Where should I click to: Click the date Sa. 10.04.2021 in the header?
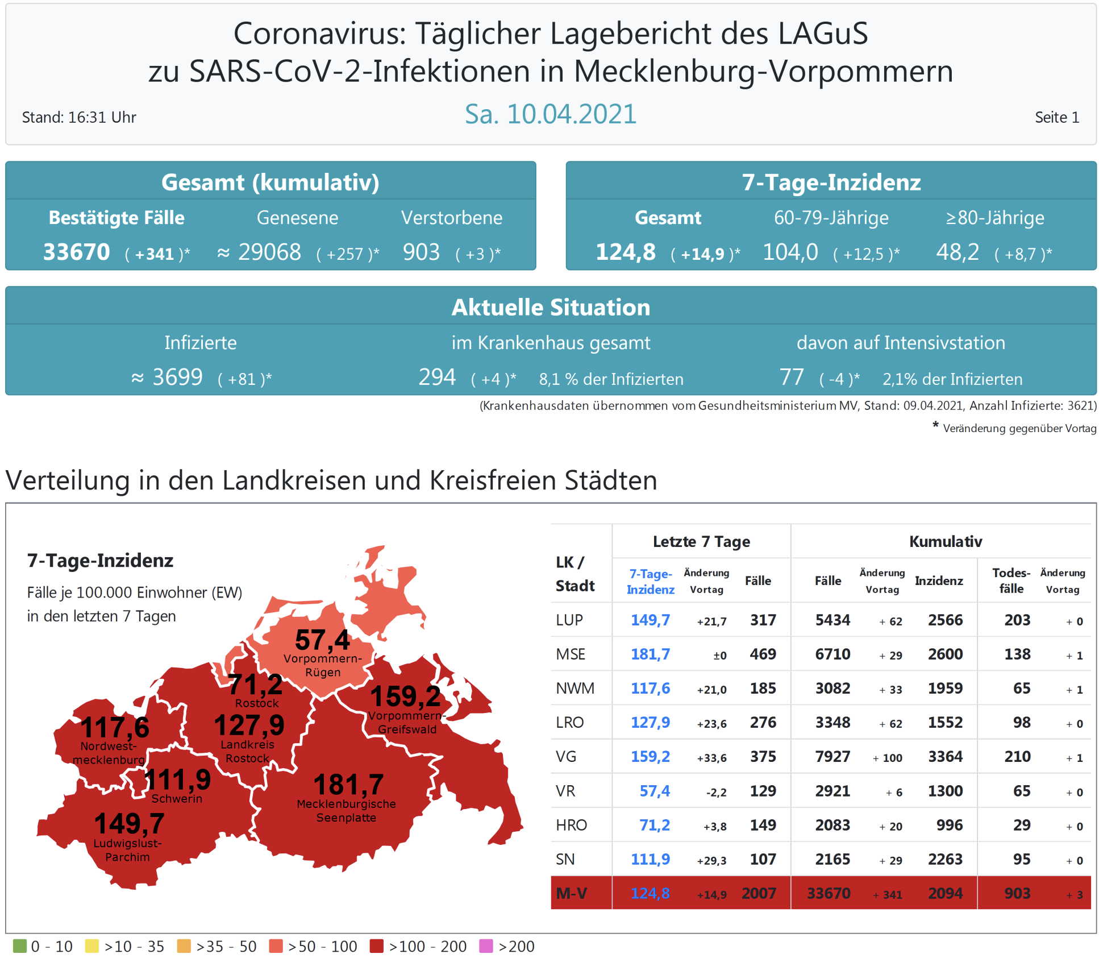550,114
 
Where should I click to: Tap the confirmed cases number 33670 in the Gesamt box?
77,252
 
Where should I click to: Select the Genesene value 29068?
269,252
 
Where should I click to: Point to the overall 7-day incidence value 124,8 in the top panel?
625,252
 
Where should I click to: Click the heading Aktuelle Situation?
551,307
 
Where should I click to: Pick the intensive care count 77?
791,377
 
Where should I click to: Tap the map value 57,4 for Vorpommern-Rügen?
322,640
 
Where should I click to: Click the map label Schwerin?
177,799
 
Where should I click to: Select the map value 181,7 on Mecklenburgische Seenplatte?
348,785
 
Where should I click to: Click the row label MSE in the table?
571,654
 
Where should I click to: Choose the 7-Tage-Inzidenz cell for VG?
650,757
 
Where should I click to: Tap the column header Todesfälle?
1011,580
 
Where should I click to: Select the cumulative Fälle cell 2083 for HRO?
832,825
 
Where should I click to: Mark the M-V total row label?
571,893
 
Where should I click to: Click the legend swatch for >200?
486,946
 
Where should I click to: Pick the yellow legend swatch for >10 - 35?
91,946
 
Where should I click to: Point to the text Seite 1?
1056,117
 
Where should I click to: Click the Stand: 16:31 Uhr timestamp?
79,117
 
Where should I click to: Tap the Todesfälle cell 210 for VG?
1017,757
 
